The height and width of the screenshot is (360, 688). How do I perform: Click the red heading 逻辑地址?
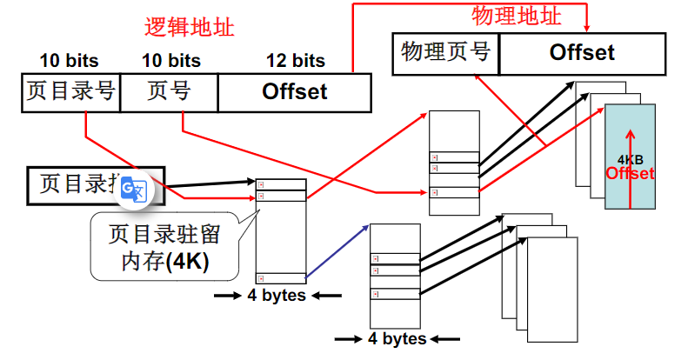[x=189, y=27]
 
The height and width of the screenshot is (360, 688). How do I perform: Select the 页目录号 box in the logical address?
[x=70, y=92]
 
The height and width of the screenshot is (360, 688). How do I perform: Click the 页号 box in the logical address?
[x=169, y=92]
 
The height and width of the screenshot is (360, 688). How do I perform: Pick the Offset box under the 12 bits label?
[x=294, y=92]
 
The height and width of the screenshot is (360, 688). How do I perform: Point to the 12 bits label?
[x=295, y=61]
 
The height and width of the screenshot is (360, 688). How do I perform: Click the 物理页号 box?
[x=445, y=53]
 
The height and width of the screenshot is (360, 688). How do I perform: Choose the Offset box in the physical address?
[x=582, y=53]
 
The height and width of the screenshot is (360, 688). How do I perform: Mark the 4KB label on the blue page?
[x=631, y=160]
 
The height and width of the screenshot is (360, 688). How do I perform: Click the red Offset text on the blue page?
[x=631, y=174]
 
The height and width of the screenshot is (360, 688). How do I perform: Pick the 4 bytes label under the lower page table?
[x=396, y=338]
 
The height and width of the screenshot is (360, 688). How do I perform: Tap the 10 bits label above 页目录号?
[x=70, y=61]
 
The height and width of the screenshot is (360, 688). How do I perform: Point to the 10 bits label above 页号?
[x=170, y=61]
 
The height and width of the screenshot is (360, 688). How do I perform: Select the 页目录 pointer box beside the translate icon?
[x=78, y=183]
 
